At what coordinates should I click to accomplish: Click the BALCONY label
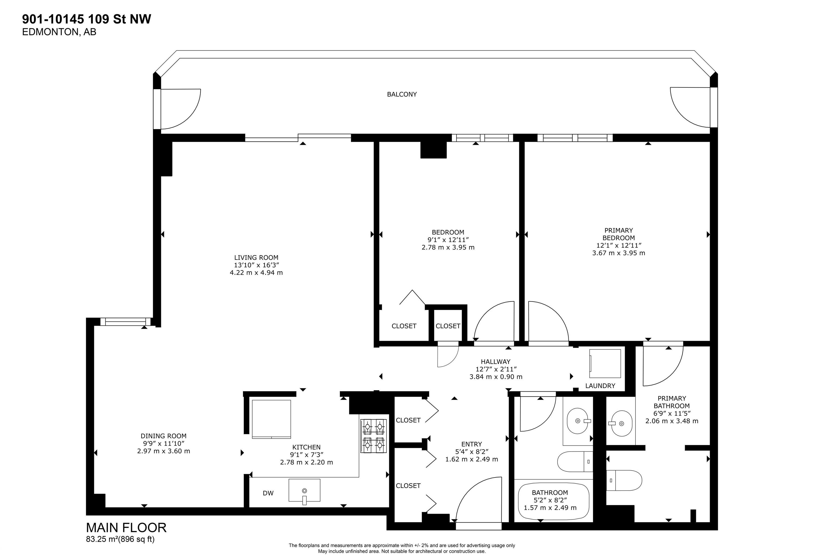coord(402,94)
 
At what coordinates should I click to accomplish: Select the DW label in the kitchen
coord(268,493)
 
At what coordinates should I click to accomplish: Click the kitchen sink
coord(304,490)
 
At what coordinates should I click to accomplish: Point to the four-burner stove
coord(373,436)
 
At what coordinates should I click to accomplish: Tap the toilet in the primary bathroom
coord(624,480)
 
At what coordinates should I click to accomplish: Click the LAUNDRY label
coord(600,386)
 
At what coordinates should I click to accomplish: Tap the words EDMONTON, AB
coord(59,32)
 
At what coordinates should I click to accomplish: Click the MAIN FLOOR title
coord(126,528)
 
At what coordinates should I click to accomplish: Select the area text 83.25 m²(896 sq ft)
coord(120,539)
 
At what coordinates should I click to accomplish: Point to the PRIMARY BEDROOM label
coord(618,234)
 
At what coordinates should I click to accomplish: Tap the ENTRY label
coord(471,444)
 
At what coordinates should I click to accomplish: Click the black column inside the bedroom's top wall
coord(433,150)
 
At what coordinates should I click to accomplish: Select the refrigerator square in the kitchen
coord(271,419)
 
